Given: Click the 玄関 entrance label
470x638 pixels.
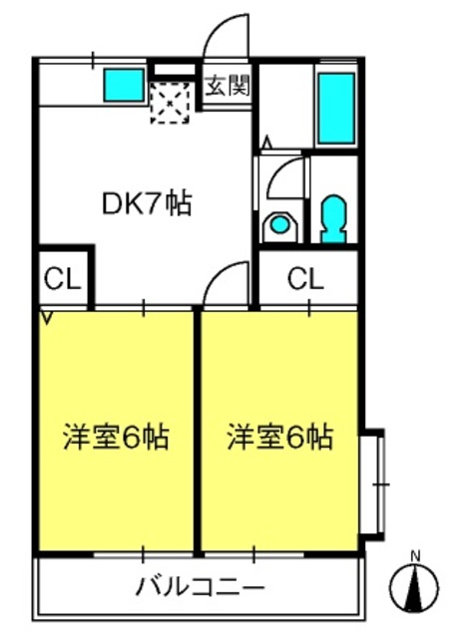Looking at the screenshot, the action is [x=228, y=86].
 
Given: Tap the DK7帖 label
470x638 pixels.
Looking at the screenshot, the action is [x=147, y=203].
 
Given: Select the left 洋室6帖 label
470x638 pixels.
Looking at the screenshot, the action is [x=116, y=438].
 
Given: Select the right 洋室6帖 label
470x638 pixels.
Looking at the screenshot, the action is [x=280, y=438].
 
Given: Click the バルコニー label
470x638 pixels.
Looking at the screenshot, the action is [x=201, y=587].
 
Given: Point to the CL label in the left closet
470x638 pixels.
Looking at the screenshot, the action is [x=63, y=279].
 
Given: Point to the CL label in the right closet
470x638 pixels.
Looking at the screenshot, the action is [x=305, y=279].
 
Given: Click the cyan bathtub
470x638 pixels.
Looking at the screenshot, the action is [x=336, y=108].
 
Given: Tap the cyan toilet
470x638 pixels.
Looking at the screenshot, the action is [x=334, y=218].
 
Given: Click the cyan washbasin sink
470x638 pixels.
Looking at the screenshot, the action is [x=279, y=224].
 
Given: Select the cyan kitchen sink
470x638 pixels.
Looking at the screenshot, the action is [x=124, y=85].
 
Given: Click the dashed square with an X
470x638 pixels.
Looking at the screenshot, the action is [x=171, y=103].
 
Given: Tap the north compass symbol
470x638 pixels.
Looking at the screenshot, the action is [x=414, y=587].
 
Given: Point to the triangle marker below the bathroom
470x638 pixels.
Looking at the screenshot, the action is [x=267, y=143].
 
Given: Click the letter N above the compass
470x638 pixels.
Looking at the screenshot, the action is [x=415, y=556].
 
